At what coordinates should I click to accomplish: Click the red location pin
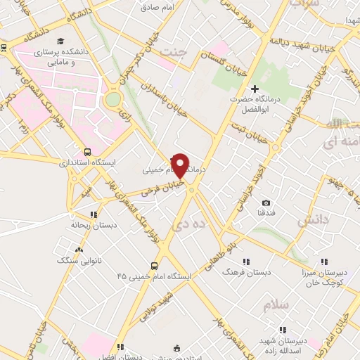(181, 165)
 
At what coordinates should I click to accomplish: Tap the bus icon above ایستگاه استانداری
(86, 151)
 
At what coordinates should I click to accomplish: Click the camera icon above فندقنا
(266, 203)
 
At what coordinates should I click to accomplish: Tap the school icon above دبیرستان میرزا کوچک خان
(323, 262)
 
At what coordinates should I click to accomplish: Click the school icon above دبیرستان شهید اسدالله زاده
(283, 329)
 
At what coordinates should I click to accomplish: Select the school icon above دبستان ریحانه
(92, 214)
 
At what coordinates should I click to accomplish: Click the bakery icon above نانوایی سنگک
(79, 250)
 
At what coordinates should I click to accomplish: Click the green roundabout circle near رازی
(112, 99)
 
